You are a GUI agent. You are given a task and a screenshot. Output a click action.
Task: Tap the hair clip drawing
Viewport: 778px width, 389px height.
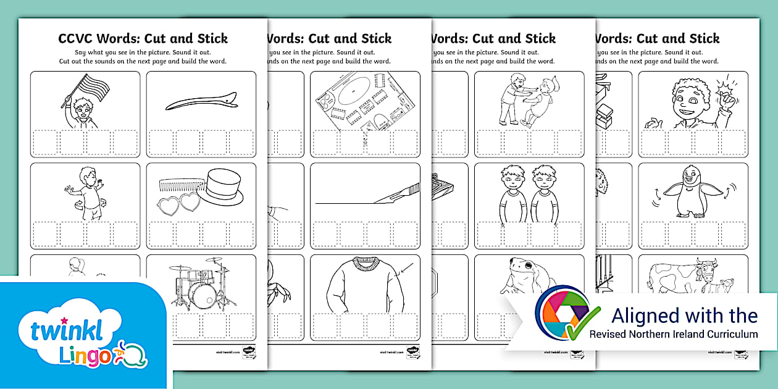coord(201,101)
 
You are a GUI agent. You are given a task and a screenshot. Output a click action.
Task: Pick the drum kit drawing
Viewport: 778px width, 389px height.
coord(201,284)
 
